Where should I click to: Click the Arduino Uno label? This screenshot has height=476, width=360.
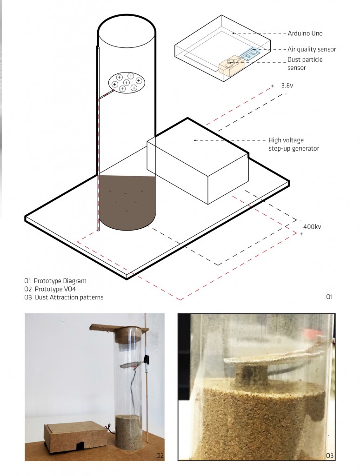(305, 33)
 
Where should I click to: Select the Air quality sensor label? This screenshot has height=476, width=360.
(312, 49)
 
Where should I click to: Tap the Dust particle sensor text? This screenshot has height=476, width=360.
(305, 63)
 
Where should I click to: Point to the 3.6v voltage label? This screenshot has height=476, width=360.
(287, 86)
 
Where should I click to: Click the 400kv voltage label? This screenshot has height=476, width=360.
(312, 227)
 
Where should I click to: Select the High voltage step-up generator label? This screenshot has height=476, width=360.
(294, 144)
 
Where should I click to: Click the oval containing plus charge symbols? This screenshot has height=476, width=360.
(127, 83)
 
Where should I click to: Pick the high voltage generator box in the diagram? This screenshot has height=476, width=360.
(198, 170)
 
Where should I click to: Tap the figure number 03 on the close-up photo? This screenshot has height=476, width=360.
(330, 456)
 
